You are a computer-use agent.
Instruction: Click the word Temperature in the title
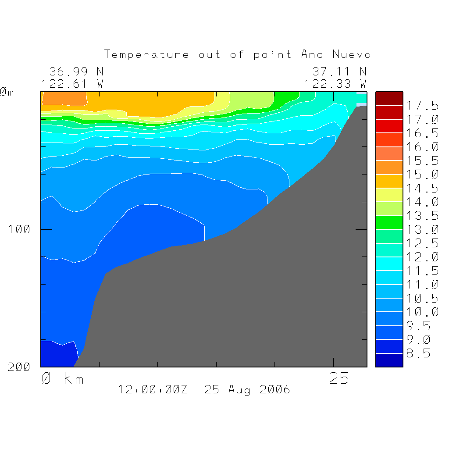[x=146, y=55]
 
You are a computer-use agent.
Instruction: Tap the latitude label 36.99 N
[x=76, y=71]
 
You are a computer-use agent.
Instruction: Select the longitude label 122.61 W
[x=72, y=84]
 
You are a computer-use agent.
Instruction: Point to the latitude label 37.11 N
[x=339, y=71]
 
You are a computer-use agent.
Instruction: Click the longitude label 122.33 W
[x=335, y=84]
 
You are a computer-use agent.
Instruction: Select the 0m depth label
[x=7, y=92]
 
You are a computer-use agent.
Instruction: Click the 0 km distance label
[x=63, y=378]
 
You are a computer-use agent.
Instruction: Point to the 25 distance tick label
[x=339, y=378]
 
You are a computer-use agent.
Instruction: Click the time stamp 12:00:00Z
[x=153, y=389]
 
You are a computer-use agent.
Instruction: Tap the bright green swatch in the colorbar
[x=389, y=222]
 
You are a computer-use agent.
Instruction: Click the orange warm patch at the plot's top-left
[x=64, y=99]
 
